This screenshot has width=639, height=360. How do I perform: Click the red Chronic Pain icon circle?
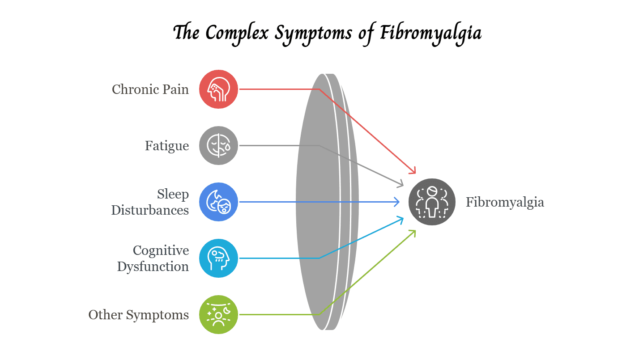218,89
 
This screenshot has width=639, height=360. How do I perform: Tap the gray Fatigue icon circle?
218,145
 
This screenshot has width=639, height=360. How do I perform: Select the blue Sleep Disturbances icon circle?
218,202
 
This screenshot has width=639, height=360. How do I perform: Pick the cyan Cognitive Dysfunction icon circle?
218,258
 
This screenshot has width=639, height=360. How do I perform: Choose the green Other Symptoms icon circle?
218,314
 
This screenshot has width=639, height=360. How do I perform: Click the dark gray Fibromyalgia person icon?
432,202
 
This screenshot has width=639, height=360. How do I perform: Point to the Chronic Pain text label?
150,89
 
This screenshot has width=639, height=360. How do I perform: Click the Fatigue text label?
167,146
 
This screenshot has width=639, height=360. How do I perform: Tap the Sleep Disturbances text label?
150,202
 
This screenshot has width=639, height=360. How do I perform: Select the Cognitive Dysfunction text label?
153,258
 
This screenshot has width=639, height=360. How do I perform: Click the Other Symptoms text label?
139,315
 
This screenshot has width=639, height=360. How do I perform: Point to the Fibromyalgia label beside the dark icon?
505,202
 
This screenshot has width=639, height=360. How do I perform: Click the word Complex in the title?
238,34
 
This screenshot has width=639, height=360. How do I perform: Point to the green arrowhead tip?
414,231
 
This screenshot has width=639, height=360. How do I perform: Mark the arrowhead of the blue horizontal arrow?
398,202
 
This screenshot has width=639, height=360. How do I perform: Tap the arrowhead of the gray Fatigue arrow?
402,184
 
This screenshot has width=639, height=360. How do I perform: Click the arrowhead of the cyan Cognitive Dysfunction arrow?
402,219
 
